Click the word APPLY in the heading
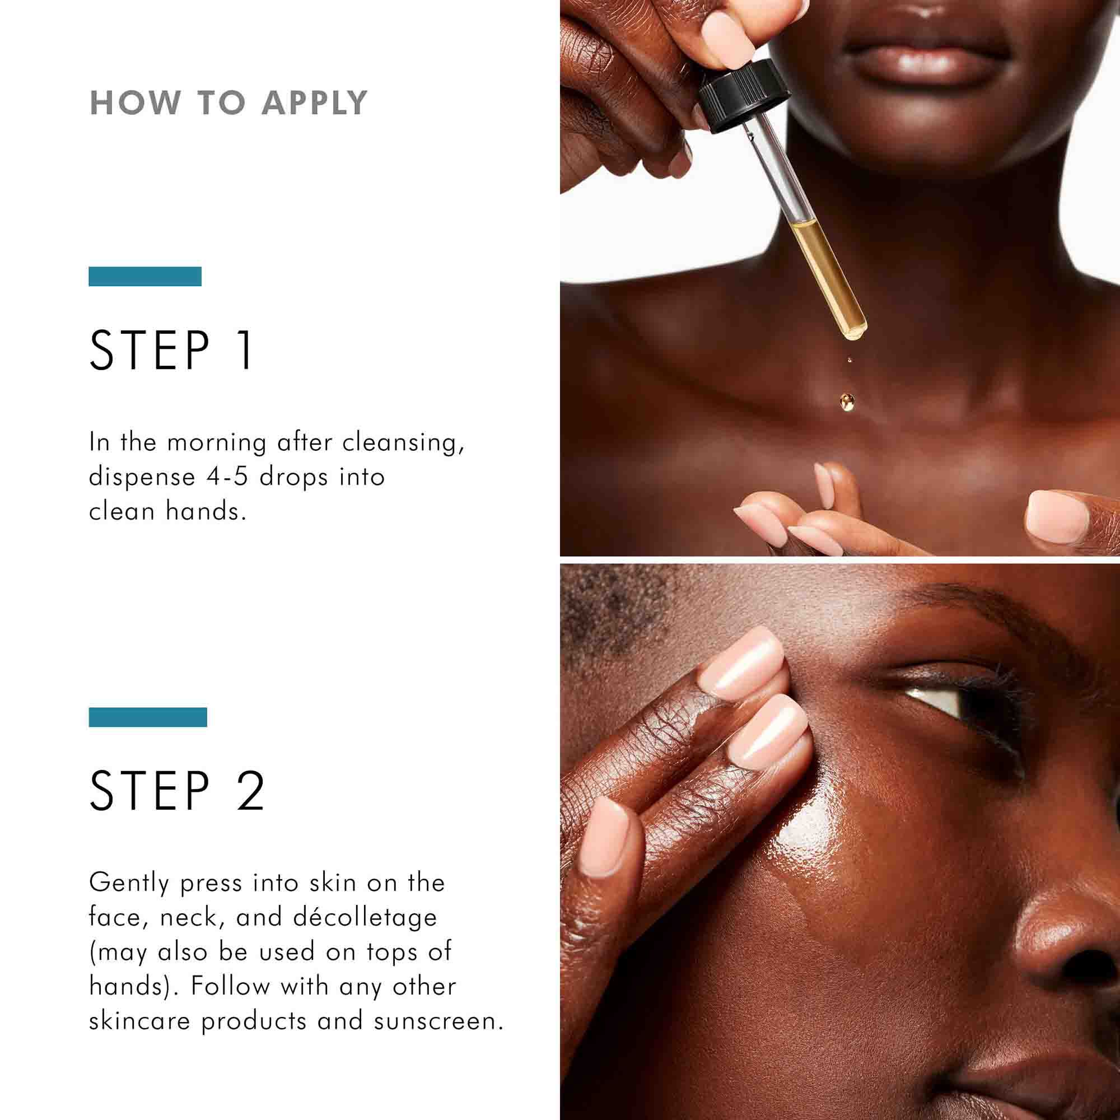[314, 103]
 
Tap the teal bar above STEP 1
[145, 277]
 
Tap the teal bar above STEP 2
[148, 717]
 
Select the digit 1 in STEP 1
[246, 350]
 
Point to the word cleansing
[403, 442]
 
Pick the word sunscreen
[438, 1021]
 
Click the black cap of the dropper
[744, 96]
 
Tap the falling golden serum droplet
[846, 400]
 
